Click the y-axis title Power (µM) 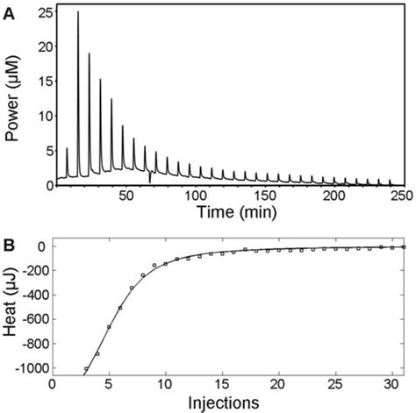(x=14, y=96)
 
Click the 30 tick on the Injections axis (x=393, y=387)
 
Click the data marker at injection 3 (x=87, y=369)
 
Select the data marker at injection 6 (x=120, y=308)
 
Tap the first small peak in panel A (x=67, y=149)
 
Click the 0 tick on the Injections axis (x=53, y=387)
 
